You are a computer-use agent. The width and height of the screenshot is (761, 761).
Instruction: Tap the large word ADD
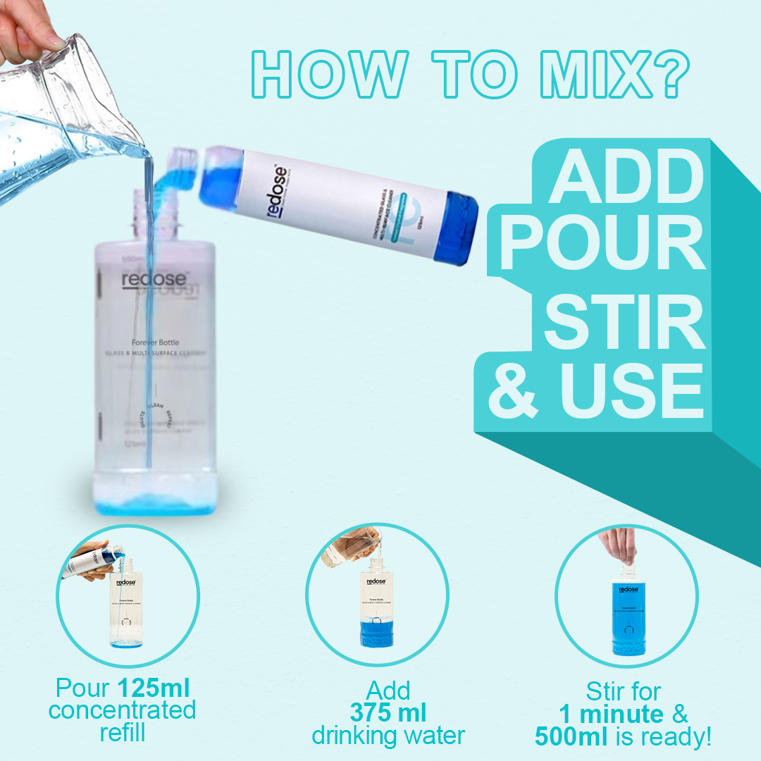point(626,175)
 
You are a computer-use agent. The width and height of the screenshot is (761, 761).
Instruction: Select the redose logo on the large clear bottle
point(154,279)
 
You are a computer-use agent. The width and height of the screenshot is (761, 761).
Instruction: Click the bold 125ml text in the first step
point(153,688)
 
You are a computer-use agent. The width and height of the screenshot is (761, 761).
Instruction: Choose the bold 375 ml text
point(388,712)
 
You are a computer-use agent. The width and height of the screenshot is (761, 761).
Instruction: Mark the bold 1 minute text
point(611,713)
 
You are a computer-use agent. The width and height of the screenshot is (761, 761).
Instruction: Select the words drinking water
point(388,736)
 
